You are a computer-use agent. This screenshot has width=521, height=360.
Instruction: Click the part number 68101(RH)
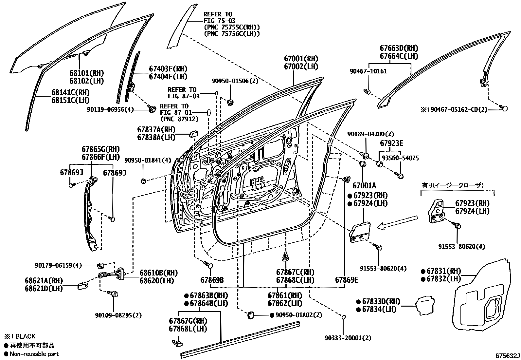point(86,73)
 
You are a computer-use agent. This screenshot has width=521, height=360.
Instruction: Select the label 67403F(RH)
point(168,69)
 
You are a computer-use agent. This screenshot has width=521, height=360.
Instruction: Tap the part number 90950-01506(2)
point(235,81)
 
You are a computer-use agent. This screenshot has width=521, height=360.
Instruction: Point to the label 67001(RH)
point(301,58)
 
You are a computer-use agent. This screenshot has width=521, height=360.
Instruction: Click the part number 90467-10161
point(368,71)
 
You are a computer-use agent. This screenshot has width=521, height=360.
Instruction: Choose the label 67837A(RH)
point(156,129)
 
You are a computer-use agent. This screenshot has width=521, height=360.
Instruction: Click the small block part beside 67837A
point(194,134)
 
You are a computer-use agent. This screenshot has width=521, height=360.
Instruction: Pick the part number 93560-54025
point(400,158)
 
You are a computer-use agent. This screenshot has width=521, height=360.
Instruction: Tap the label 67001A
point(364,186)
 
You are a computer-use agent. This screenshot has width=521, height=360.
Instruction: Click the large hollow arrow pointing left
point(397,222)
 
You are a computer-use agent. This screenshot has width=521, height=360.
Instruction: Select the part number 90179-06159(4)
point(58,265)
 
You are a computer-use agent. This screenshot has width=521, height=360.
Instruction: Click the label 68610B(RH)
point(159,273)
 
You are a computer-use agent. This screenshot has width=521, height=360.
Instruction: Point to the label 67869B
point(212,280)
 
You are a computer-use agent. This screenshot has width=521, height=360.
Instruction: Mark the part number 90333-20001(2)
point(348,338)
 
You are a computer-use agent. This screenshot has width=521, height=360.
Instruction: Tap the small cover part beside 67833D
point(425,305)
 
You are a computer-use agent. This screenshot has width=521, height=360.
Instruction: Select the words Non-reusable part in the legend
point(34,354)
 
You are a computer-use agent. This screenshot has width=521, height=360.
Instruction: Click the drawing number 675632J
point(507,356)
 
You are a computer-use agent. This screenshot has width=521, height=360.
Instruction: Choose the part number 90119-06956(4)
point(111,109)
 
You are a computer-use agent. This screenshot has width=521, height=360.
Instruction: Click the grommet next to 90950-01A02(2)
point(251,315)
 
